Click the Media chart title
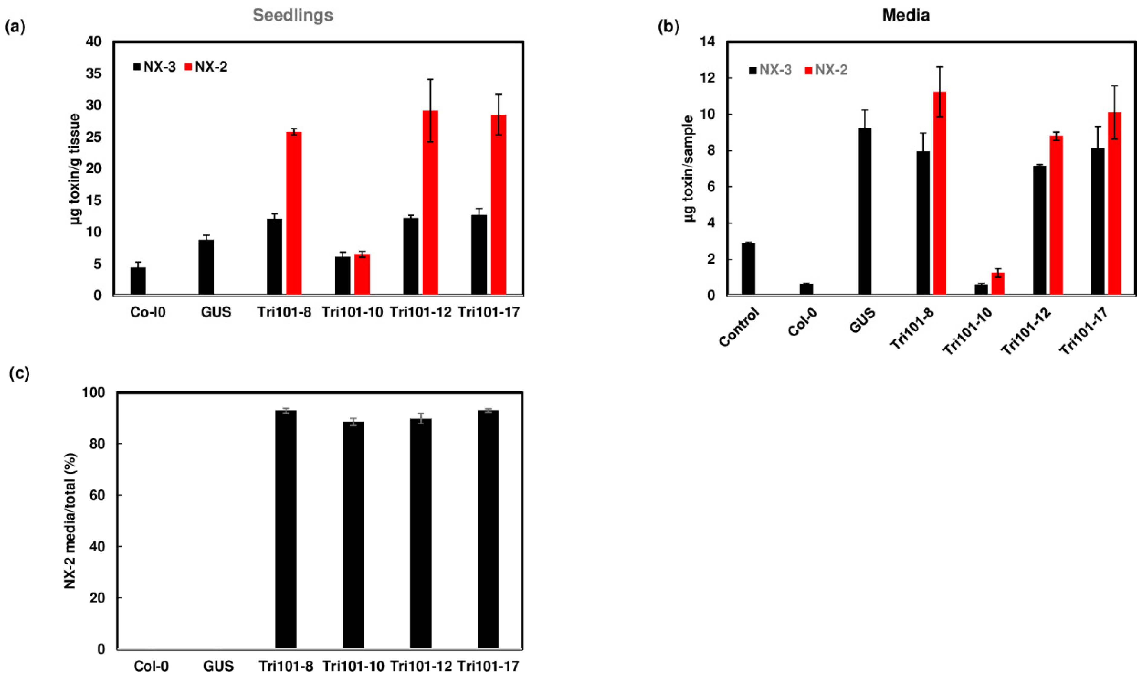tap(906, 15)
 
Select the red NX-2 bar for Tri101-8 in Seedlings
tap(294, 213)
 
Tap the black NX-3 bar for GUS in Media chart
tap(865, 211)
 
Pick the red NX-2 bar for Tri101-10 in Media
tap(998, 284)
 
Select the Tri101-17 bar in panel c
tap(488, 529)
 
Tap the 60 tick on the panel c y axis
tap(97, 495)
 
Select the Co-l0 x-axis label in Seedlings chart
tap(148, 313)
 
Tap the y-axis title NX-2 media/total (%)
tap(70, 521)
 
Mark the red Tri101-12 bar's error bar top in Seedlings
tap(430, 80)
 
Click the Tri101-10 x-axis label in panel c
tap(353, 666)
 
